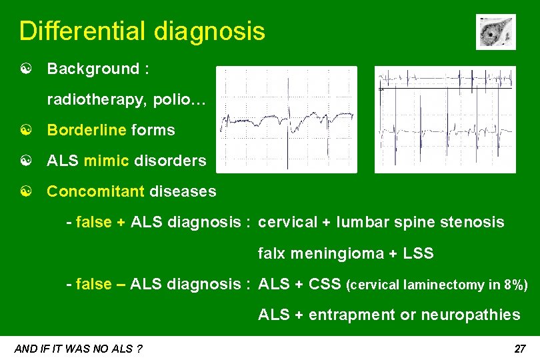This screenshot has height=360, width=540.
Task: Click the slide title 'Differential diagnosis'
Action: click(x=142, y=31)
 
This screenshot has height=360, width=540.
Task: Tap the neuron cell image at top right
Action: click(x=495, y=32)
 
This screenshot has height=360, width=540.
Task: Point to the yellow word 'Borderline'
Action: click(x=86, y=130)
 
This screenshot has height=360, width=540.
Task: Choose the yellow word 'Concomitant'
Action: click(x=95, y=192)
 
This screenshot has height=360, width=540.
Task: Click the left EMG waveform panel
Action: click(x=287, y=119)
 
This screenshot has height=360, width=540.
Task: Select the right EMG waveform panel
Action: click(x=445, y=119)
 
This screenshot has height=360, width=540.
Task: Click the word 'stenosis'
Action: click(x=474, y=222)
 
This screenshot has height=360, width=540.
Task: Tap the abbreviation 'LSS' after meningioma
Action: click(x=418, y=253)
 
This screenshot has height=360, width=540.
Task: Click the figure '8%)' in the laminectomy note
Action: click(x=516, y=285)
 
